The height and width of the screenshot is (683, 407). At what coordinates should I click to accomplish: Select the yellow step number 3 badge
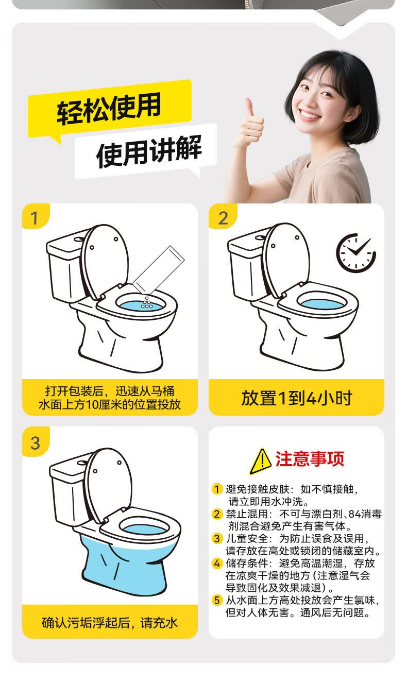35,441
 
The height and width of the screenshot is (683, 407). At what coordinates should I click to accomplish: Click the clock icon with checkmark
355,253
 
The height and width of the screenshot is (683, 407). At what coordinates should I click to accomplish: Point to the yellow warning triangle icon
260,462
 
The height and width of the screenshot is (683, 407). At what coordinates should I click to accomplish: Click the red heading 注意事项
310,459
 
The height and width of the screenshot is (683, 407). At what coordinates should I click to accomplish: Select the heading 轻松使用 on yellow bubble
109,108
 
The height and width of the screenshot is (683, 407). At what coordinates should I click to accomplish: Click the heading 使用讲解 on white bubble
149,151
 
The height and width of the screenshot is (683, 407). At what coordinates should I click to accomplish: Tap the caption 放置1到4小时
297,398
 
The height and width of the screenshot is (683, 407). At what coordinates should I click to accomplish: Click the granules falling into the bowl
147,302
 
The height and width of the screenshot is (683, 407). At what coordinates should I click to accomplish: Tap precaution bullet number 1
217,489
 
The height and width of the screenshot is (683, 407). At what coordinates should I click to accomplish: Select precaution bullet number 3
217,538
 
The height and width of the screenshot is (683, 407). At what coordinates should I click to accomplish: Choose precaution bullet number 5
217,601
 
